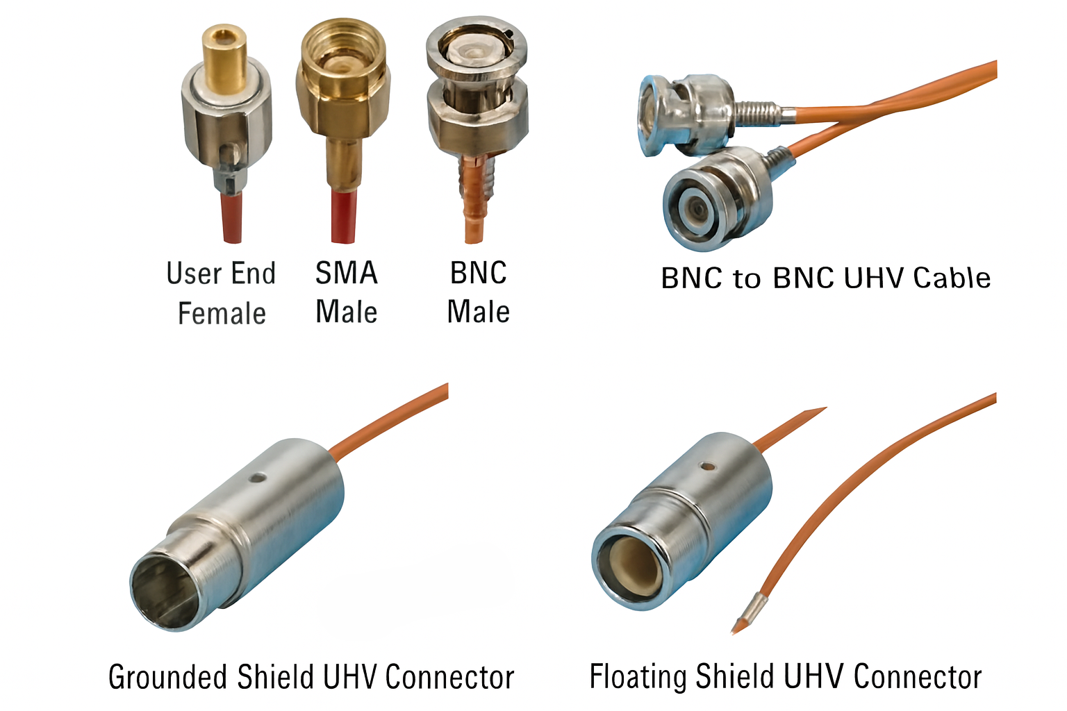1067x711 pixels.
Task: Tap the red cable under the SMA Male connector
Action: tap(343, 216)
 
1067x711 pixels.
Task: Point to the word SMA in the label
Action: tap(347, 274)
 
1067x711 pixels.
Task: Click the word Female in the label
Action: tap(222, 313)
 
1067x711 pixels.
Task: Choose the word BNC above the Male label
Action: tap(478, 274)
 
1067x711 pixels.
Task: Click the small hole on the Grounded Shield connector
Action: tap(258, 477)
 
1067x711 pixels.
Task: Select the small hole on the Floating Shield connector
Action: tap(707, 466)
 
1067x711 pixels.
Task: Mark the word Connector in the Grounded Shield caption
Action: tap(449, 677)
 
